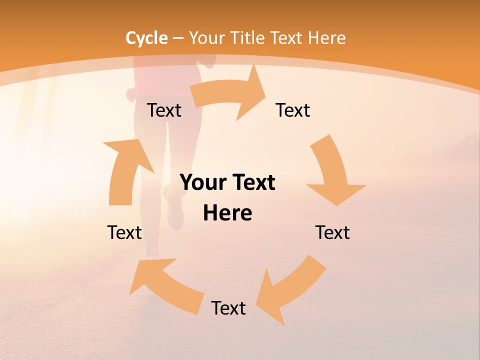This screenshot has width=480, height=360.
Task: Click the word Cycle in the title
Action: [146, 38]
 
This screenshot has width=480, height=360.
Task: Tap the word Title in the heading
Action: [248, 38]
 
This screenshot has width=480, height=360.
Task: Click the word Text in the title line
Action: [287, 38]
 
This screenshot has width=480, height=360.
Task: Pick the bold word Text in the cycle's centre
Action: [252, 182]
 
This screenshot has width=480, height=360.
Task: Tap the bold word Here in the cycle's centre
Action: [227, 213]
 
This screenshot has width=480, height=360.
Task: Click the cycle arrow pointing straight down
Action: [332, 172]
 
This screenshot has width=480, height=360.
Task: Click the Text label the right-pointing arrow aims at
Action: [293, 110]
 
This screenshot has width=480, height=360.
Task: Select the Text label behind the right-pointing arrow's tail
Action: [164, 110]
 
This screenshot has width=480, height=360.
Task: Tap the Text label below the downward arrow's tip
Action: [332, 232]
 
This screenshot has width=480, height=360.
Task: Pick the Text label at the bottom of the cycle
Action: [228, 308]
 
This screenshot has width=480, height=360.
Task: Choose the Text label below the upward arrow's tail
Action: [124, 232]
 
